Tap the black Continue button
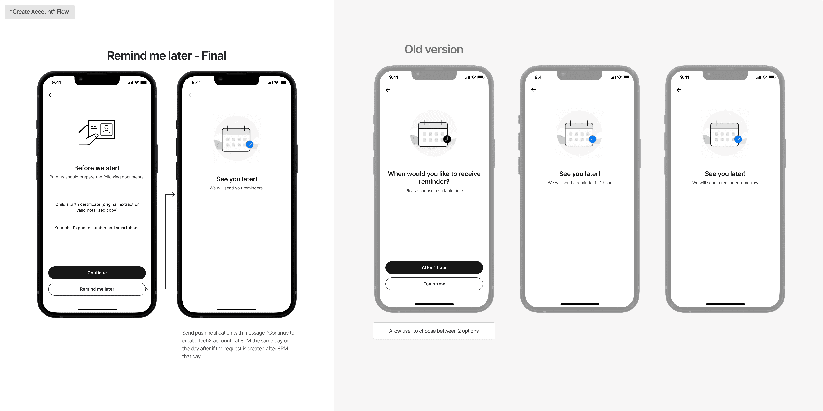(x=97, y=273)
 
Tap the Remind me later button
(x=97, y=289)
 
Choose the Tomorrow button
(x=434, y=284)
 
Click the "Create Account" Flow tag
(x=39, y=12)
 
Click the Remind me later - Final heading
(x=167, y=56)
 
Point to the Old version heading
(x=433, y=49)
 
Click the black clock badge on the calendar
(x=447, y=139)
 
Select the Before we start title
(x=97, y=168)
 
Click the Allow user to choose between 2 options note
(x=434, y=331)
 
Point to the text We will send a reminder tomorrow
(x=725, y=183)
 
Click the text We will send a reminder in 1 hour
(x=580, y=183)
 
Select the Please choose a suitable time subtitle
(x=434, y=191)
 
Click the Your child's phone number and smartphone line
(x=97, y=228)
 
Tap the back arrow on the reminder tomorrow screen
(x=679, y=90)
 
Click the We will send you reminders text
(x=236, y=188)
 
